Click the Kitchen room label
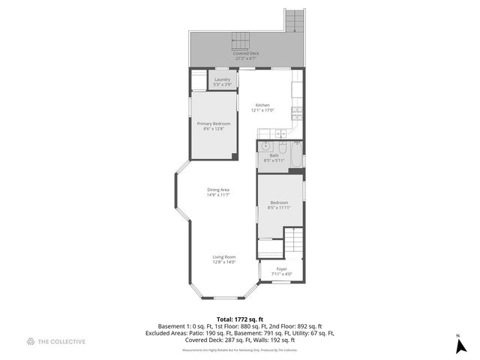262,105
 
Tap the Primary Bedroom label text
213,123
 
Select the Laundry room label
222,79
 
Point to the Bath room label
274,155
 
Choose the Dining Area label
218,190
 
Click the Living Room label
223,257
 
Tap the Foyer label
281,268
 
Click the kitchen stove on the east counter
296,114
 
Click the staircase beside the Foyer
294,242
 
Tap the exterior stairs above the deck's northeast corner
295,20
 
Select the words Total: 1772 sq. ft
239,319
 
